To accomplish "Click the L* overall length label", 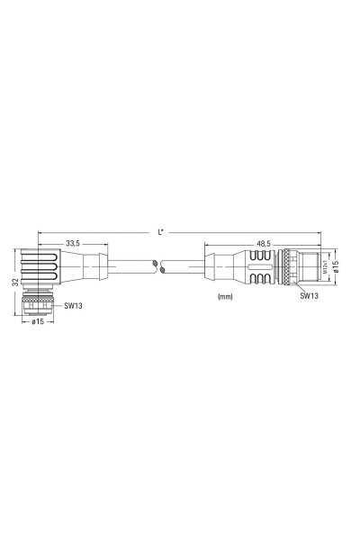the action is click(x=160, y=232).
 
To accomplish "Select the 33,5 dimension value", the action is click(x=73, y=244).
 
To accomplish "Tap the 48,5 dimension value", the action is click(x=263, y=244).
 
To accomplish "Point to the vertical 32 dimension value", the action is click(x=15, y=283).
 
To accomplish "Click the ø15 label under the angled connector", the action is click(x=38, y=322).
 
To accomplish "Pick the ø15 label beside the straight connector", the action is click(x=337, y=267).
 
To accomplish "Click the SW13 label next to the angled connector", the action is click(x=73, y=305).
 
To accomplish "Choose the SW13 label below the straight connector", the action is click(x=309, y=295).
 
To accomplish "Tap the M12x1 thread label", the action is click(x=325, y=267).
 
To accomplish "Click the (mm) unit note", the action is click(x=225, y=296).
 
